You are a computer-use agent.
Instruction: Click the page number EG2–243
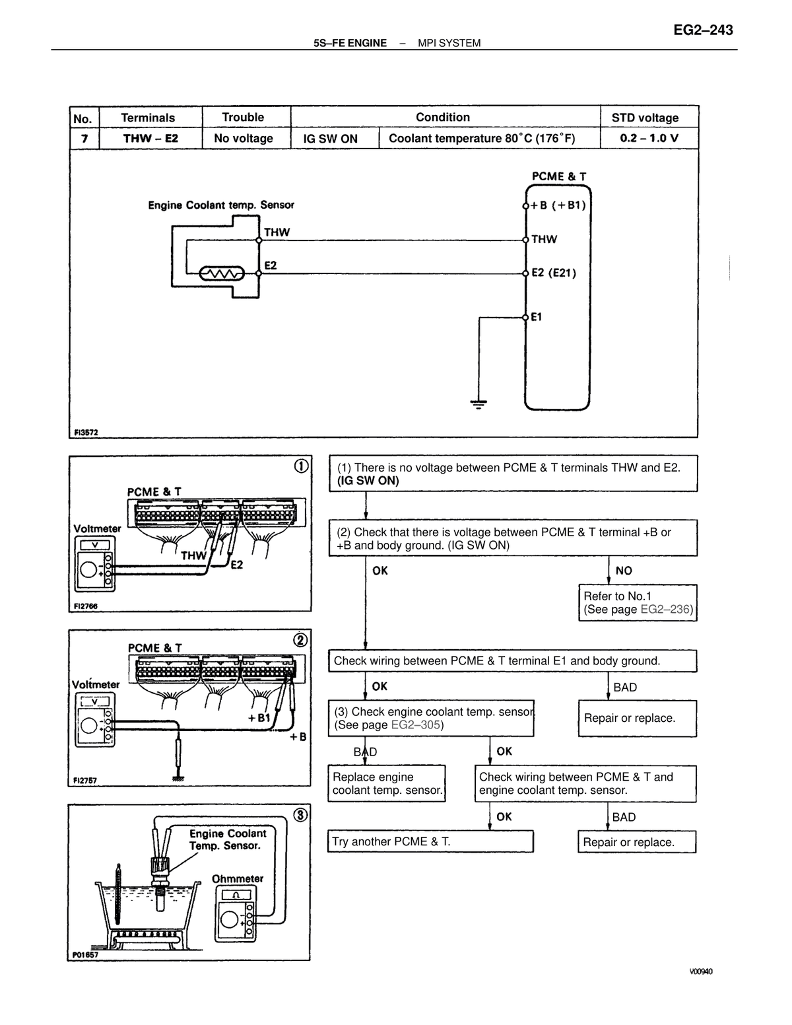(702, 30)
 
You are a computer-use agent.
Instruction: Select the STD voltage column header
(645, 118)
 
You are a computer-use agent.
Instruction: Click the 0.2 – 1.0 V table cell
(649, 138)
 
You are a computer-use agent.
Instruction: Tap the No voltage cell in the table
(243, 138)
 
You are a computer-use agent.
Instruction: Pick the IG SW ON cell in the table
(330, 139)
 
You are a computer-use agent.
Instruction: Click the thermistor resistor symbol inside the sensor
(222, 273)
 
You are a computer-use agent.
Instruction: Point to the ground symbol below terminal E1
(478, 404)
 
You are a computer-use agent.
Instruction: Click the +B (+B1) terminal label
(558, 205)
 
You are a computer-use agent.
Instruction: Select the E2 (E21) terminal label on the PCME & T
(554, 273)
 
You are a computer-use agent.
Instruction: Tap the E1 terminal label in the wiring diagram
(536, 317)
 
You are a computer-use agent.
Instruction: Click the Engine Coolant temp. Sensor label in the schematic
(221, 205)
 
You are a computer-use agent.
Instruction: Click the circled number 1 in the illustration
(301, 466)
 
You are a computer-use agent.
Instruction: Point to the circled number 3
(301, 815)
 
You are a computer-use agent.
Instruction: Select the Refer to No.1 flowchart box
(638, 603)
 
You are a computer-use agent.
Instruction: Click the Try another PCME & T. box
(430, 841)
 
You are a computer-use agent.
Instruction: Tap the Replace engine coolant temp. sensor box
(387, 783)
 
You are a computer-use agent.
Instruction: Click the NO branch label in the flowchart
(624, 571)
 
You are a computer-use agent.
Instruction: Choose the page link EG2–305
(416, 725)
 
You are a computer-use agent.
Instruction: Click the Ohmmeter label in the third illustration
(238, 879)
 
